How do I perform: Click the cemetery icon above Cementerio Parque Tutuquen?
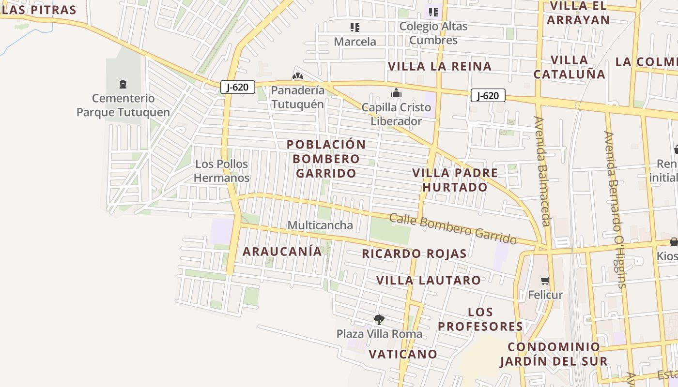pos(123,84)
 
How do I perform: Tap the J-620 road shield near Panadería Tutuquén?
pos(237,87)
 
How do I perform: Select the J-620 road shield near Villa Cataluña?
pos(488,95)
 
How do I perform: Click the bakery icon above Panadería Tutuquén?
pos(297,76)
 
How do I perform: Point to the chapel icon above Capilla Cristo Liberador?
pos(396,93)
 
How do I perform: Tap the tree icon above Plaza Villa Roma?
pos(379,319)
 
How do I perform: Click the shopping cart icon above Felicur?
pos(545,281)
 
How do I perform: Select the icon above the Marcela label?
pos(355,28)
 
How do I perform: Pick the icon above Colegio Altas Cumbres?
pos(433,12)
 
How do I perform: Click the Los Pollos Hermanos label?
pos(222,171)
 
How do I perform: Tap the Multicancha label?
pos(320,225)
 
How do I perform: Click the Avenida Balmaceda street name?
pos(542,171)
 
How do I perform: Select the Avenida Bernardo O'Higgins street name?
pos(615,209)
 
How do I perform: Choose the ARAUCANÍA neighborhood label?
pos(282,252)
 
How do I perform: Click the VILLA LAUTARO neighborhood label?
pos(429,280)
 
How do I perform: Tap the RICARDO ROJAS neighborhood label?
pos(414,253)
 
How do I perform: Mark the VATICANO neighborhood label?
pos(403,354)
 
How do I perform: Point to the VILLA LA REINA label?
pos(440,66)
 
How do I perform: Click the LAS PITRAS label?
pos(39,10)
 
